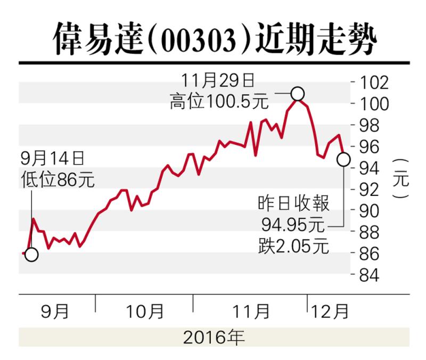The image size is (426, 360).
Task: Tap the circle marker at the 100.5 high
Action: (x=298, y=94)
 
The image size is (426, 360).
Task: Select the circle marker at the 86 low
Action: (x=31, y=255)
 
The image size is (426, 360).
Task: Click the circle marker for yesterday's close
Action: (x=343, y=159)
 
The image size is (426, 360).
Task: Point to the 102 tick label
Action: (x=374, y=83)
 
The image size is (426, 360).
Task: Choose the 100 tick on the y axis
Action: (x=374, y=104)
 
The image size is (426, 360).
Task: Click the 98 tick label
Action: (x=369, y=125)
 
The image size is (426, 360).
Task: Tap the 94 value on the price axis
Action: (x=369, y=168)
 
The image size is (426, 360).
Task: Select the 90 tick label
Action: (x=369, y=211)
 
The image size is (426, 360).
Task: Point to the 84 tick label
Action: (x=369, y=275)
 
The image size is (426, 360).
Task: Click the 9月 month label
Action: (x=55, y=312)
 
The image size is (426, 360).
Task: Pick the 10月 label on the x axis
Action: (x=145, y=312)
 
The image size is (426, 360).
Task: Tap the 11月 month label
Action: (x=251, y=312)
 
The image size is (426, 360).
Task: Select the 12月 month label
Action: (x=330, y=312)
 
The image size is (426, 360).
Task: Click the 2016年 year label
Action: (x=214, y=337)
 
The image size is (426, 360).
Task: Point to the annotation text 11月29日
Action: (x=218, y=81)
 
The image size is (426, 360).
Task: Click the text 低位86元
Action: (x=58, y=179)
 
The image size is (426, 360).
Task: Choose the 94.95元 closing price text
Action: (x=293, y=225)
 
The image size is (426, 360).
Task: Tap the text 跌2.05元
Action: (x=294, y=246)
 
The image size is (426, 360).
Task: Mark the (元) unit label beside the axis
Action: (x=401, y=179)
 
